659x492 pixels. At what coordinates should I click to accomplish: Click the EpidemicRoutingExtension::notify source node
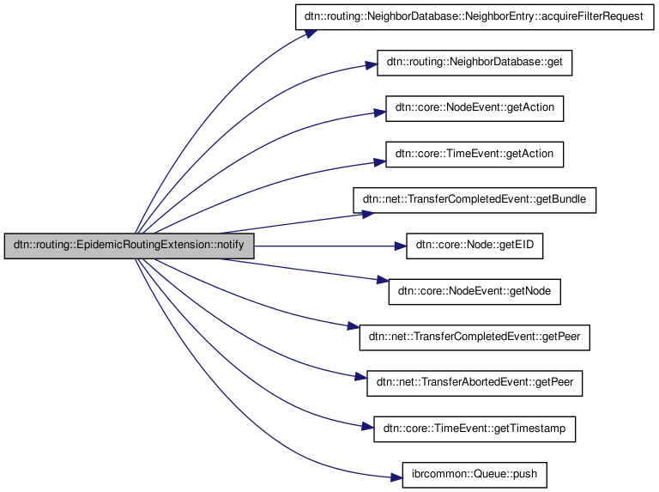(x=129, y=246)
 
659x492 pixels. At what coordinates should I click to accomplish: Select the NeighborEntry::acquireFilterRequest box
(x=474, y=18)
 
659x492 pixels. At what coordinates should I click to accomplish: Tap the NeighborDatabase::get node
(x=474, y=64)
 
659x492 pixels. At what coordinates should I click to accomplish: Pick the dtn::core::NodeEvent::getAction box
(x=474, y=109)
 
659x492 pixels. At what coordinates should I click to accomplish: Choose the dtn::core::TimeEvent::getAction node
(x=474, y=155)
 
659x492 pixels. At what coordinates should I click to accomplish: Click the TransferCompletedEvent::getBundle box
(x=474, y=200)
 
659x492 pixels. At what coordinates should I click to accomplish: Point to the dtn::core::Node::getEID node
(x=474, y=246)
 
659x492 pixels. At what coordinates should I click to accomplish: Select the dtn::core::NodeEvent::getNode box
(x=474, y=292)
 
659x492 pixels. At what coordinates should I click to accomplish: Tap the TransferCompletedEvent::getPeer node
(x=474, y=337)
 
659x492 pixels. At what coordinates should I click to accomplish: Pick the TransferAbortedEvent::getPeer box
(x=474, y=383)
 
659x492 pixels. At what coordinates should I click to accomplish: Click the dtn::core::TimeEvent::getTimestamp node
(x=474, y=428)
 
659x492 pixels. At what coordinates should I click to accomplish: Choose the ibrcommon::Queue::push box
(x=474, y=474)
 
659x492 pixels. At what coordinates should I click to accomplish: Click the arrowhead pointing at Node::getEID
(x=400, y=246)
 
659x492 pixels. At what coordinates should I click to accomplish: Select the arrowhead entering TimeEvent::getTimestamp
(x=368, y=426)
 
